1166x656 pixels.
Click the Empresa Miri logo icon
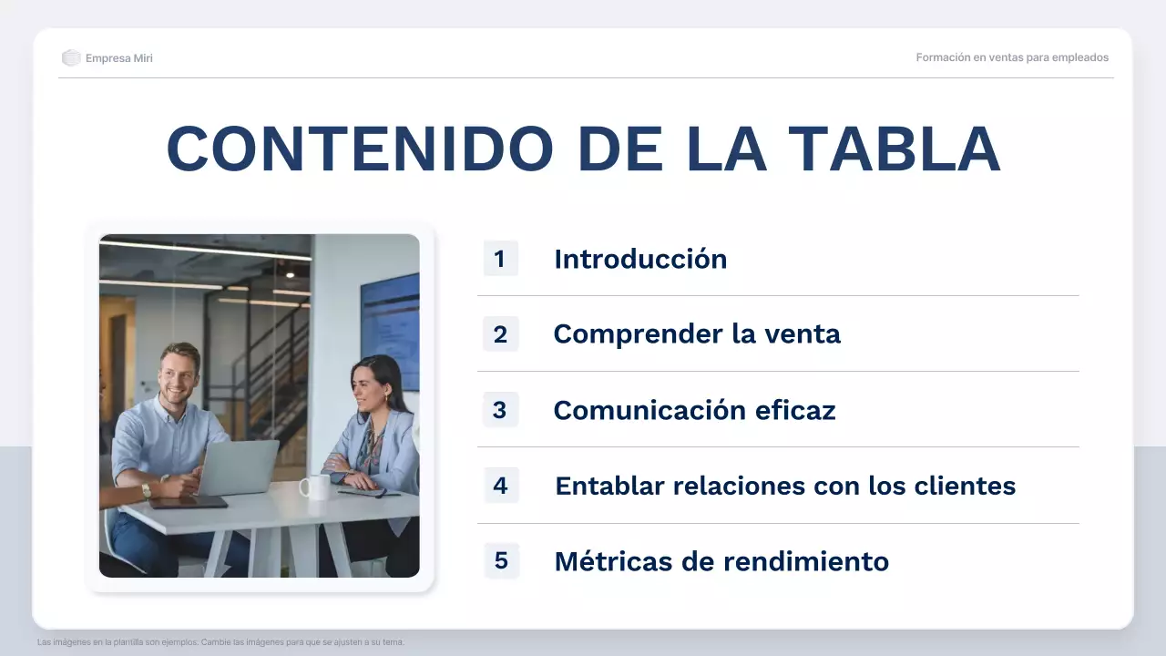click(x=71, y=58)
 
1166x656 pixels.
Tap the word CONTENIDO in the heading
click(x=360, y=149)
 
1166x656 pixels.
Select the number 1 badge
click(x=500, y=259)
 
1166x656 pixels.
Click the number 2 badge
click(x=500, y=334)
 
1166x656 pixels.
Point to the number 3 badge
click(x=500, y=410)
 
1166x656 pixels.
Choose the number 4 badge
click(x=500, y=486)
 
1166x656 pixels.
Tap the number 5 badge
click(x=500, y=560)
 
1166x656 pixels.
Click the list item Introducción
click(x=640, y=259)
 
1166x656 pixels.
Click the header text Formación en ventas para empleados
click(x=1012, y=57)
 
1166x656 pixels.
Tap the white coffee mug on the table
click(x=315, y=487)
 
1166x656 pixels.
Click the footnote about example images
click(x=220, y=642)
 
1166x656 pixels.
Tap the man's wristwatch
click(x=147, y=490)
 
